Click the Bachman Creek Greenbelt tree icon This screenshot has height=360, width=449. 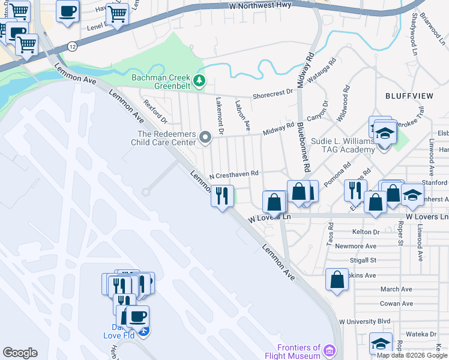tap(199, 80)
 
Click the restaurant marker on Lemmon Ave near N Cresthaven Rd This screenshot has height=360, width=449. tap(222, 195)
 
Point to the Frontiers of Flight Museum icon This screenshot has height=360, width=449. tap(330, 350)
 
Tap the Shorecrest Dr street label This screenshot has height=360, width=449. tap(273, 92)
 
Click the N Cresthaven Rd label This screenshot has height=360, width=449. tap(234, 174)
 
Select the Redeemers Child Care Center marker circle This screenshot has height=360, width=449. tap(205, 138)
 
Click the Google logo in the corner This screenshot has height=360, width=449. tap(20, 353)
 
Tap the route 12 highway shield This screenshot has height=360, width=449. tap(73, 46)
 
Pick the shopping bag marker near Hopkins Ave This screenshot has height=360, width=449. tap(337, 278)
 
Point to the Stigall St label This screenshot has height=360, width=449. tap(363, 260)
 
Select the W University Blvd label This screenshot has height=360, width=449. tap(364, 321)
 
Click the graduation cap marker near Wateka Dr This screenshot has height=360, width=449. tap(381, 343)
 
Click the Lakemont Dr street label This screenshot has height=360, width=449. tap(219, 116)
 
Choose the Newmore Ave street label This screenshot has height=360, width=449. tap(356, 246)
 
